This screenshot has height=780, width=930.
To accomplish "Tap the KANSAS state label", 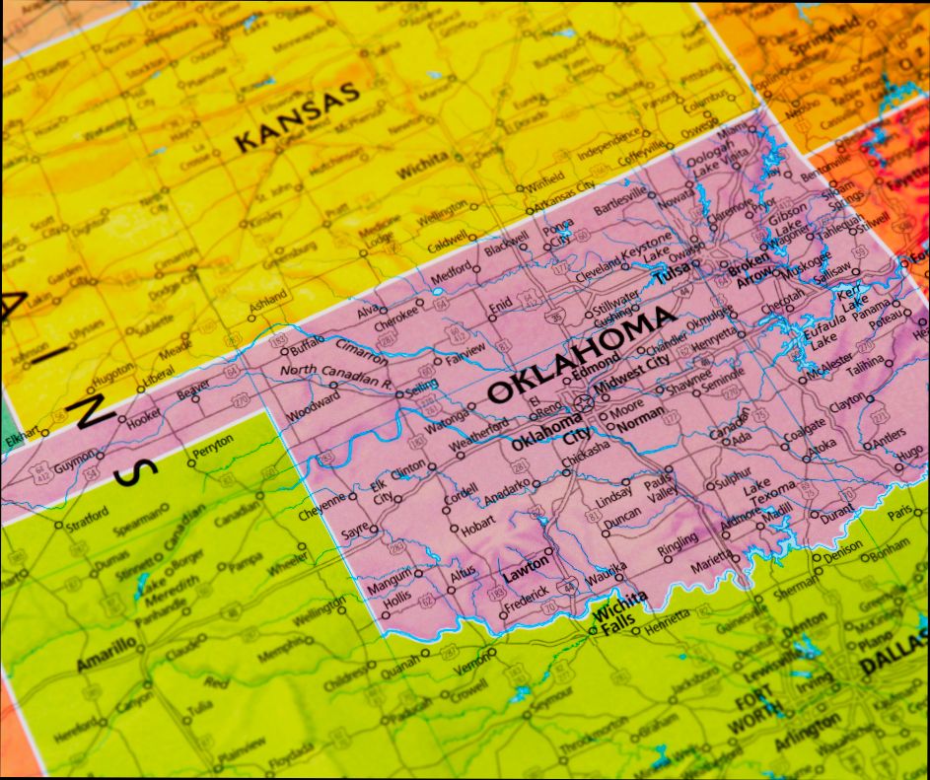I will (x=296, y=117).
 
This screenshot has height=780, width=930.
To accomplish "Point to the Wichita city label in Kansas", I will (x=422, y=166).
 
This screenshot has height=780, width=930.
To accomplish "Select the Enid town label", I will (x=500, y=304).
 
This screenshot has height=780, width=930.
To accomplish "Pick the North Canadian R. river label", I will (x=335, y=375).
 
